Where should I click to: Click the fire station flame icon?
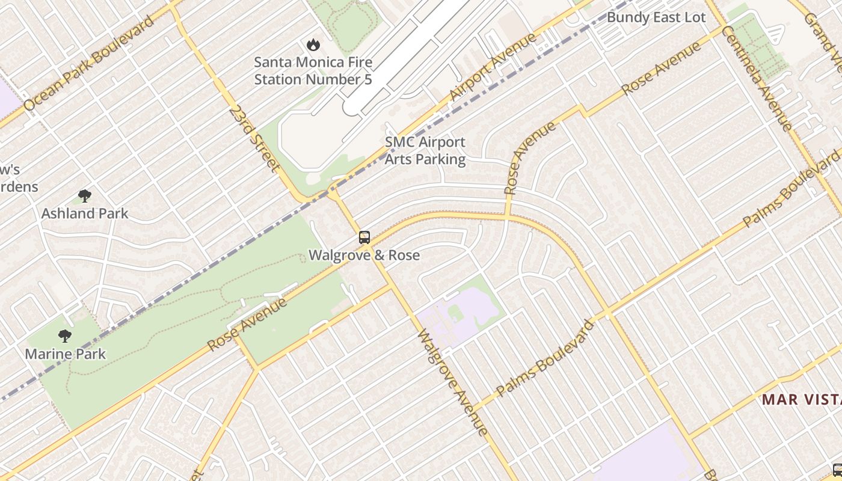313,44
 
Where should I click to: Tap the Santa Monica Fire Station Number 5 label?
313,70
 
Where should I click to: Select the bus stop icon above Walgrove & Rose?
364,237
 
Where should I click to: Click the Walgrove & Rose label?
364,256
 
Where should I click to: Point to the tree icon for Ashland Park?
85,195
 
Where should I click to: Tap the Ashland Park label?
85,213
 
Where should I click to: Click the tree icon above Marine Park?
65,336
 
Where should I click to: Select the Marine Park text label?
65,354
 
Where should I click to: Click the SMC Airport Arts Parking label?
425,151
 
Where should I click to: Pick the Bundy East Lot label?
656,17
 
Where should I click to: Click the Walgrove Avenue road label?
451,382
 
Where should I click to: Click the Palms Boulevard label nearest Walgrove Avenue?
545,358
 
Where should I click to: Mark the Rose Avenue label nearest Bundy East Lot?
661,68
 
